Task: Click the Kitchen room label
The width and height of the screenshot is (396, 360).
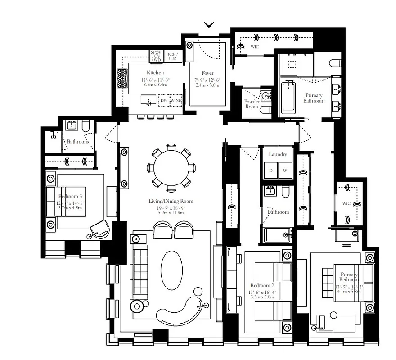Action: click(x=155, y=72)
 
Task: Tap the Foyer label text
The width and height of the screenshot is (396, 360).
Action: click(x=207, y=73)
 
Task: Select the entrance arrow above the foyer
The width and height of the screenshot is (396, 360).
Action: click(x=209, y=24)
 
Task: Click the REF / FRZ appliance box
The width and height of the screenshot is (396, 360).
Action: click(x=172, y=56)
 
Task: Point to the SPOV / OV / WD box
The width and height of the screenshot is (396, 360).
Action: click(x=156, y=56)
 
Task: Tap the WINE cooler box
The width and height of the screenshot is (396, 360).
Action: click(x=176, y=100)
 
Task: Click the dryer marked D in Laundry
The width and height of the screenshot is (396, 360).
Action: click(x=271, y=171)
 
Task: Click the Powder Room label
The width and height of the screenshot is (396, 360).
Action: click(x=252, y=104)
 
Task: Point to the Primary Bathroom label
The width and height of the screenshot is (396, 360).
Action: click(x=314, y=98)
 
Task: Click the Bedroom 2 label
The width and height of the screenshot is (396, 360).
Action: click(x=262, y=286)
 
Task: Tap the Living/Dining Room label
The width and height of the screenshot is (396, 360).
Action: click(x=171, y=201)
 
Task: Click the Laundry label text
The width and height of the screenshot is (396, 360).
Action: click(x=278, y=154)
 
